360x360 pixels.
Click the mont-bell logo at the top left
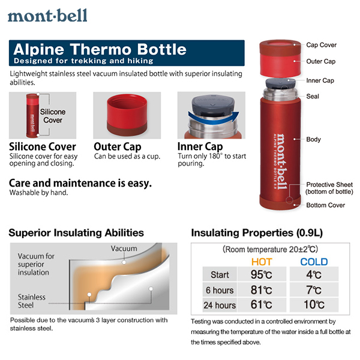click(x=47, y=16)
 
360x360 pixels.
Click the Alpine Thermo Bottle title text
click(x=100, y=49)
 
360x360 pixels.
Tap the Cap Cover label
click(x=321, y=45)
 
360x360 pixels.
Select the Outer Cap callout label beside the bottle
click(x=321, y=62)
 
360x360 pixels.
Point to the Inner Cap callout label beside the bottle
click(x=320, y=80)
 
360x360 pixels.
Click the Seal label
click(x=313, y=96)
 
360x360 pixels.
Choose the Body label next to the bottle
click(x=313, y=139)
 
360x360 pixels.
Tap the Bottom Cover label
click(x=326, y=205)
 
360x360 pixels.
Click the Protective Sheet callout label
click(x=329, y=188)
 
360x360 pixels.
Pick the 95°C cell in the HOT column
click(x=261, y=274)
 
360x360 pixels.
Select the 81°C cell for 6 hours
click(x=261, y=290)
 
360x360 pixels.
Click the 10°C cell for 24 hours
click(x=314, y=305)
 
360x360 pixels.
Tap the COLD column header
click(x=314, y=262)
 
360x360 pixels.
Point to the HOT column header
click(x=262, y=262)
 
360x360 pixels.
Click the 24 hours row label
click(x=220, y=305)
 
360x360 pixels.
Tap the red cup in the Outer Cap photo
click(x=127, y=115)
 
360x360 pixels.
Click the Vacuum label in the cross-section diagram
click(x=124, y=248)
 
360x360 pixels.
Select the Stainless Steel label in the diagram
click(x=31, y=301)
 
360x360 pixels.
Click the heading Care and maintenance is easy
click(x=80, y=183)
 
